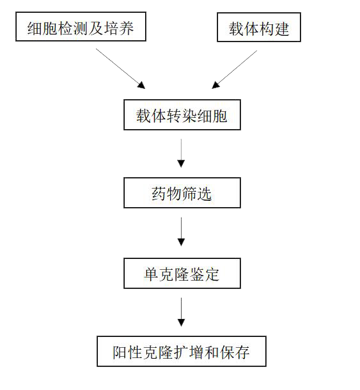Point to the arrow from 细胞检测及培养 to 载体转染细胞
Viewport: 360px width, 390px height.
(120, 68)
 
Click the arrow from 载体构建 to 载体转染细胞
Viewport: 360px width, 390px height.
(235, 70)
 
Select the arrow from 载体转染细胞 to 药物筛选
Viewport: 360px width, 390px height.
(181, 153)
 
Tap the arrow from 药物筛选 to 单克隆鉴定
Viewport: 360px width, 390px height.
(181, 232)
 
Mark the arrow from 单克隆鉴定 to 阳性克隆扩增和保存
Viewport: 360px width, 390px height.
(181, 312)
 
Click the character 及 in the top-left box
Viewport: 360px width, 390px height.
(96, 28)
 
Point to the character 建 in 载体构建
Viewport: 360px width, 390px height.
(282, 29)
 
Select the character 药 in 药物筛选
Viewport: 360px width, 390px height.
(159, 194)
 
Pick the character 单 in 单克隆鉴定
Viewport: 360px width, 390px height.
(152, 274)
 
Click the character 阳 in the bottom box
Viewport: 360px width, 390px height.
(120, 352)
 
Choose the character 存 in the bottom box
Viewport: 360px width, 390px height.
(242, 352)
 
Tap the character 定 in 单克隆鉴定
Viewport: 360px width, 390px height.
(212, 274)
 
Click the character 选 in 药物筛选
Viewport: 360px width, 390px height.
(205, 194)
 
